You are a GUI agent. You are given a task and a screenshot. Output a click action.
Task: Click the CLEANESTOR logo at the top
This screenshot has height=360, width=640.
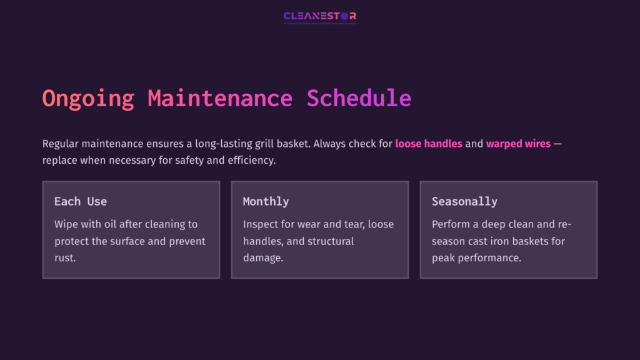point(320,16)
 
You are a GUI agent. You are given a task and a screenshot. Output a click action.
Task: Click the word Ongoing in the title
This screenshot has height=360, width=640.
point(88,99)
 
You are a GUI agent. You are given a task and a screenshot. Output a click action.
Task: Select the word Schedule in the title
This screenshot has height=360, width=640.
point(359,99)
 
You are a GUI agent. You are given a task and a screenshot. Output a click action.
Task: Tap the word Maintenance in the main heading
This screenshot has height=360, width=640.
point(220,99)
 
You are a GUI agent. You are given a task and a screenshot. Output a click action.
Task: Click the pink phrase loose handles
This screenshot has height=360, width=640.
point(429,144)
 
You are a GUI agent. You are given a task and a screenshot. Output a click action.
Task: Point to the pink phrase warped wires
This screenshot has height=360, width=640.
point(518,144)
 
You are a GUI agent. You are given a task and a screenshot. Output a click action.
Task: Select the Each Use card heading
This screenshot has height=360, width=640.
point(81,201)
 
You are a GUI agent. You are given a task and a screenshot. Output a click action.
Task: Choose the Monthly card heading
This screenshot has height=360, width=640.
point(266,201)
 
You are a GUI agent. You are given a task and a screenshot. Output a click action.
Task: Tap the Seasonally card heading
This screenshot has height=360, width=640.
point(464,201)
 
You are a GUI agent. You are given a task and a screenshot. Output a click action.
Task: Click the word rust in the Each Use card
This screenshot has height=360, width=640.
point(64,257)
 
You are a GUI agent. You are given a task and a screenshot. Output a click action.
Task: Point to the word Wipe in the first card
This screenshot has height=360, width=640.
point(66,224)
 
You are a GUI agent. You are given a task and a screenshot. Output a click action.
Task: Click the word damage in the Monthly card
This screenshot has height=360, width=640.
point(263,257)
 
